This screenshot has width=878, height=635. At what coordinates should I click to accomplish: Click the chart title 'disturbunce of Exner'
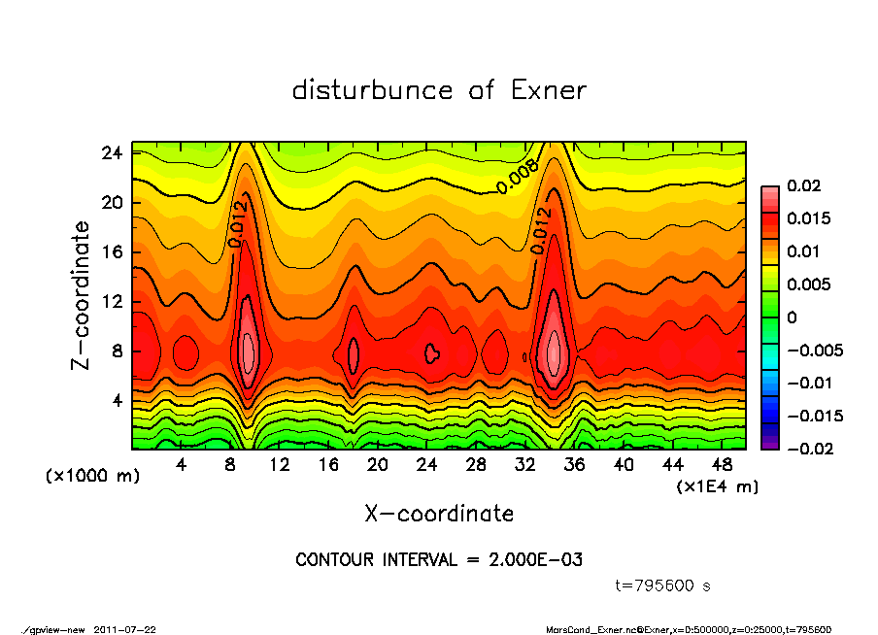click(439, 90)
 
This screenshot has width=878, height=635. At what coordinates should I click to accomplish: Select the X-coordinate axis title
click(439, 513)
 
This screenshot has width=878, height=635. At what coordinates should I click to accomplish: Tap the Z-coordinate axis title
click(82, 295)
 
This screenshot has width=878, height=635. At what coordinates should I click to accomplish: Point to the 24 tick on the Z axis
click(113, 153)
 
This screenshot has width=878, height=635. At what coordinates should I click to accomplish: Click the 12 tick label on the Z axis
click(113, 302)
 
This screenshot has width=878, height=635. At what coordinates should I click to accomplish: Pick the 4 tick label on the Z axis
click(118, 400)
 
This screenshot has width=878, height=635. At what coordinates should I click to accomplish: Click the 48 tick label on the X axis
click(722, 465)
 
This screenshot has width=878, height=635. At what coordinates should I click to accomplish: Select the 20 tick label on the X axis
click(378, 465)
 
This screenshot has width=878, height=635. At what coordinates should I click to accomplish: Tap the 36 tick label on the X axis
click(574, 465)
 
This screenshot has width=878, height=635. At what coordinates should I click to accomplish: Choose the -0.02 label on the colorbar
click(804, 449)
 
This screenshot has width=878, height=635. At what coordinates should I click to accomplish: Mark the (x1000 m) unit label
click(84, 477)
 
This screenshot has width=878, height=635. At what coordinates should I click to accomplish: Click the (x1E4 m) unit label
click(718, 485)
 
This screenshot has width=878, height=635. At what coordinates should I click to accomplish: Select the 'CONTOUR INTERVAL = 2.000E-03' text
click(439, 560)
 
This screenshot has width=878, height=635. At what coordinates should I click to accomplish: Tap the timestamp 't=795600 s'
click(664, 585)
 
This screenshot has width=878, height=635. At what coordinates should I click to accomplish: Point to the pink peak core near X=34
click(554, 351)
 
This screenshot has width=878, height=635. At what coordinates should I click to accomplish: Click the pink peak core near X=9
click(248, 347)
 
